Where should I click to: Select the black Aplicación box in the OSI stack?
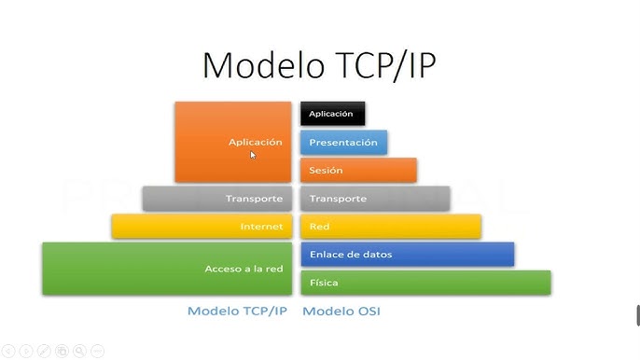point(332,114)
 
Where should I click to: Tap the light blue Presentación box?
point(343,143)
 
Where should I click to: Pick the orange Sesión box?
point(357,171)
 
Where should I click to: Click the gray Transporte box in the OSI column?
point(374,199)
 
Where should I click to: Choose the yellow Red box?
point(390,227)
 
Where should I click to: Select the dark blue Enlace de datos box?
point(407,255)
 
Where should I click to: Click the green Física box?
point(424,283)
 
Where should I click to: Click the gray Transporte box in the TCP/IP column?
point(216,199)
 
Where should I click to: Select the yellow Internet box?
point(201,227)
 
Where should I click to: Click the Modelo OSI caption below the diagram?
point(341,312)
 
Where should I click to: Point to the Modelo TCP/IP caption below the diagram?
point(237,312)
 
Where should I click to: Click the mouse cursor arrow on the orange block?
point(253,155)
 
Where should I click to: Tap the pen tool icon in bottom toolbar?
point(43,351)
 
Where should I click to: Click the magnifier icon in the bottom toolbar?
point(79,351)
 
